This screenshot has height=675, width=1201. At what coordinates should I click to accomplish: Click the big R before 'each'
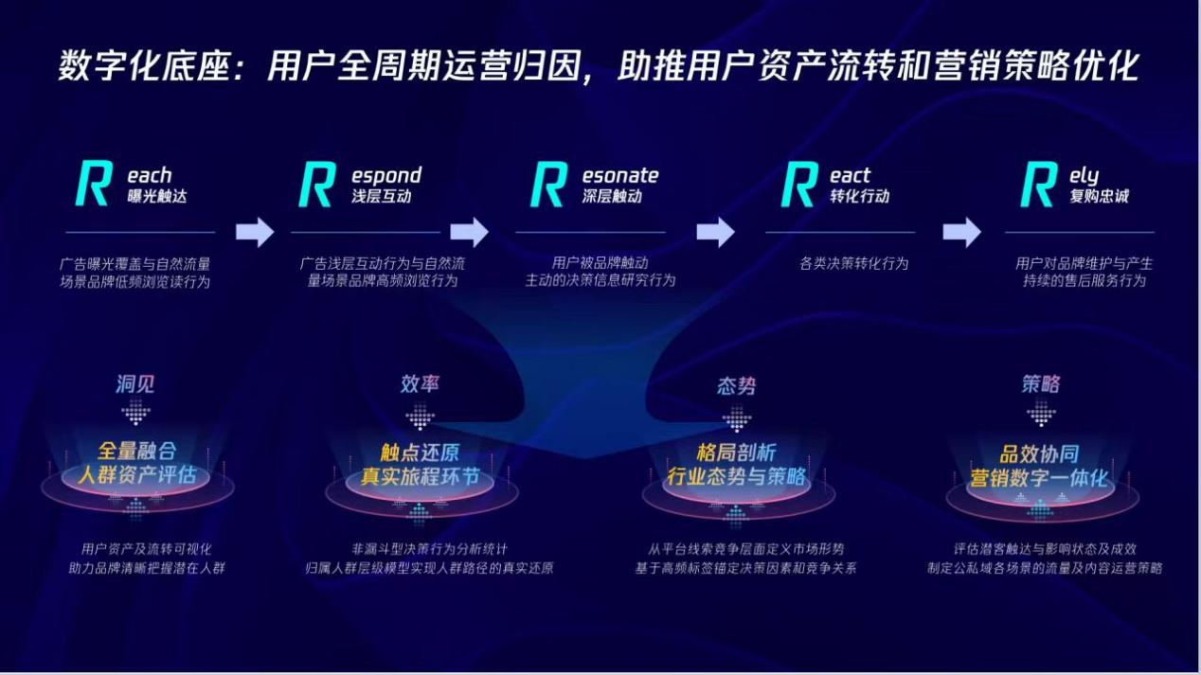(94, 184)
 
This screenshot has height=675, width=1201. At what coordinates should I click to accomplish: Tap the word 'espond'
(386, 176)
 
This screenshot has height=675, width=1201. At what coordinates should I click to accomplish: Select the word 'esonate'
(620, 175)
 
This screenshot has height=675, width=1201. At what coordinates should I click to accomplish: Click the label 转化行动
(859, 196)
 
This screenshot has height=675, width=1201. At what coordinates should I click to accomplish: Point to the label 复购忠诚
(1099, 196)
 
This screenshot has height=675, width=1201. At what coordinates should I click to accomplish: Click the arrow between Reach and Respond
(255, 232)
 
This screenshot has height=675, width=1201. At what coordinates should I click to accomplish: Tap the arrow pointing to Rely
(962, 232)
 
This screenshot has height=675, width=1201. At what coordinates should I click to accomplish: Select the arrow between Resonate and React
(716, 232)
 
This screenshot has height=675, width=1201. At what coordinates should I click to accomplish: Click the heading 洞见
(135, 384)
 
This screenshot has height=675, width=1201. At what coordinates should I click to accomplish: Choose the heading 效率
(420, 384)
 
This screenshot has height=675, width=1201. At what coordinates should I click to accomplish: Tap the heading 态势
(737, 385)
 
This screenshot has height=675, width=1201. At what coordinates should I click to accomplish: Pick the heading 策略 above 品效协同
(1041, 384)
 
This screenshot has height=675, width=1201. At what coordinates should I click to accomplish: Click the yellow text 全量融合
(136, 451)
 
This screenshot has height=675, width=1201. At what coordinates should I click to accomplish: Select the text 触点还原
(420, 453)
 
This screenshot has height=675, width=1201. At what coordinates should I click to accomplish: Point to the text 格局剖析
(736, 453)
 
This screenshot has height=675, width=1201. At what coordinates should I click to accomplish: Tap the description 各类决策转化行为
(853, 263)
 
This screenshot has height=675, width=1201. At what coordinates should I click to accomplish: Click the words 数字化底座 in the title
(145, 66)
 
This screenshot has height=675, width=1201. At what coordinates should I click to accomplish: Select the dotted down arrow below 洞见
(135, 412)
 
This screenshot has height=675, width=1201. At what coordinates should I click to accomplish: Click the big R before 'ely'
(1038, 184)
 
